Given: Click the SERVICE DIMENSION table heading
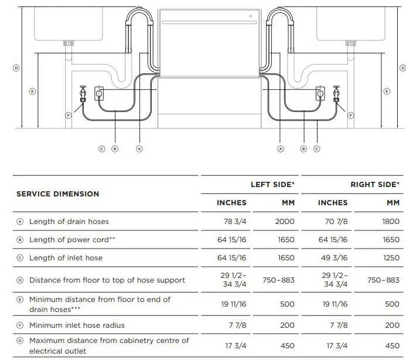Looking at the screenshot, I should tap(57, 193).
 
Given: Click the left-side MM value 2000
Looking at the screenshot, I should tap(284, 221).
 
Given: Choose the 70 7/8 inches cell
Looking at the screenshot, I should tap(332, 221).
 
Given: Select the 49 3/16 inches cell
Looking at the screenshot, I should tap(332, 258).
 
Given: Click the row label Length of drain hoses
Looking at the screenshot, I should tap(69, 221).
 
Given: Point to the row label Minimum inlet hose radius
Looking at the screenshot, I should tap(77, 325).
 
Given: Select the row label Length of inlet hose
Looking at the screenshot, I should tap(66, 258).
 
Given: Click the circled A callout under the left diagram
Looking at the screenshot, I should tap(139, 149).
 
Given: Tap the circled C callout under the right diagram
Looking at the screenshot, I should tap(317, 149).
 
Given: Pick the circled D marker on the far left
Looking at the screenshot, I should tap(16, 68).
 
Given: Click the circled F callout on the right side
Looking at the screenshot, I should tap(351, 116).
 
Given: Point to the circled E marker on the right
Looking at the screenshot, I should tap(386, 91).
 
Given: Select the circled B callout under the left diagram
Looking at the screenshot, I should tap(115, 149).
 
